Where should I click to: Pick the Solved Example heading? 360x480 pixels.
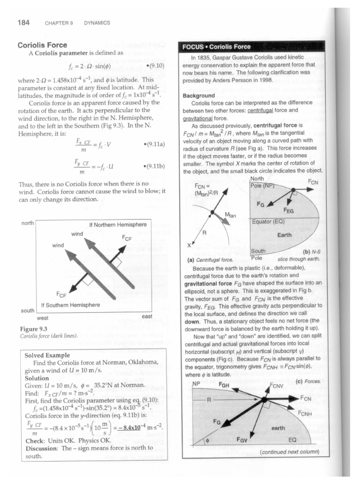tap(47, 355)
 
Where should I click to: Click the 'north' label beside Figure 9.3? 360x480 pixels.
tap(28, 223)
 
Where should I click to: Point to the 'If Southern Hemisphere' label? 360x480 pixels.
tap(71, 305)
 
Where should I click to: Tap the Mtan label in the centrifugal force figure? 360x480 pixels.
tap(230, 215)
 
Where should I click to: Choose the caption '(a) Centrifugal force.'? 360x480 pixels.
tap(210, 259)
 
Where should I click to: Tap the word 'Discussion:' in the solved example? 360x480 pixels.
tap(41, 448)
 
